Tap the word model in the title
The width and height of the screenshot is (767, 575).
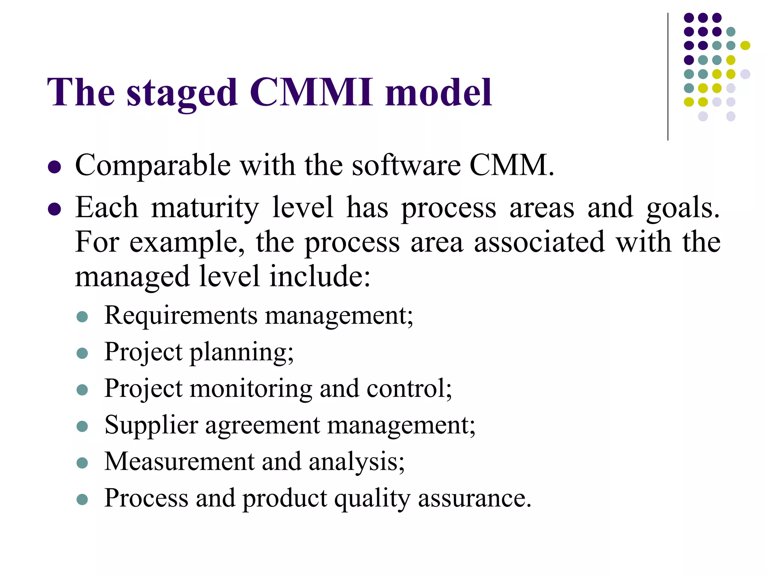pos(439,92)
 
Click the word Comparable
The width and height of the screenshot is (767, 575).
pos(153,165)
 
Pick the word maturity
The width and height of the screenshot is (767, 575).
pos(205,208)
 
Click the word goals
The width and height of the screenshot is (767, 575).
pos(683,208)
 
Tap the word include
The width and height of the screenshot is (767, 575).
pos(320,277)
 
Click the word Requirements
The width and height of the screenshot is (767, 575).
pos(181,315)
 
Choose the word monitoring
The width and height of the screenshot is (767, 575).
pos(251,388)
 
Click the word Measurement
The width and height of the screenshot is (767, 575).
pos(179,461)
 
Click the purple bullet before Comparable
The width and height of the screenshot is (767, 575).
pos(55,167)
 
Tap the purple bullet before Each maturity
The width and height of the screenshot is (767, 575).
pos(55,210)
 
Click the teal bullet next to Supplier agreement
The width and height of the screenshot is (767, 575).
pos(82,426)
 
